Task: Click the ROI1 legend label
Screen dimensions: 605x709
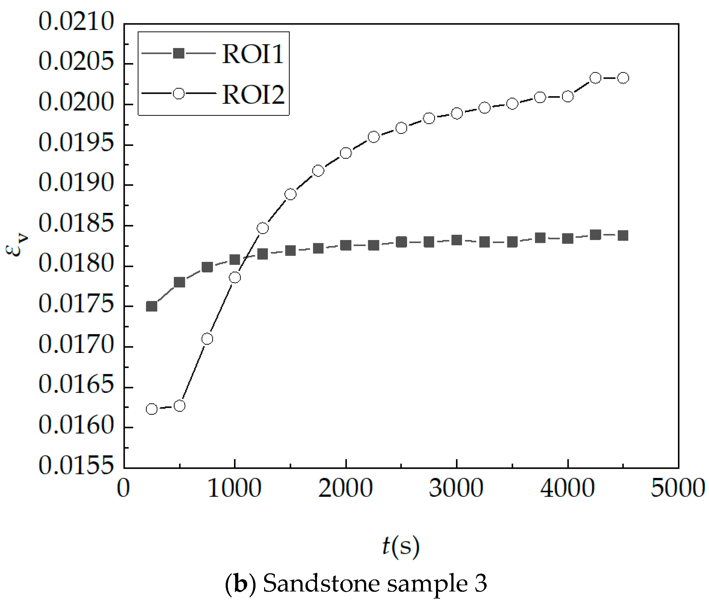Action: pos(252,54)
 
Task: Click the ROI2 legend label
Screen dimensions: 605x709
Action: pos(253,94)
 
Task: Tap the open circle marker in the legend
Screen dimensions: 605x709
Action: pos(179,94)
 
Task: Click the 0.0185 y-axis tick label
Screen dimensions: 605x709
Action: pos(76,223)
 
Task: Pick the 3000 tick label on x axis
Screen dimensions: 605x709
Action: pos(456,488)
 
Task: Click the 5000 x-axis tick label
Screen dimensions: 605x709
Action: pos(678,488)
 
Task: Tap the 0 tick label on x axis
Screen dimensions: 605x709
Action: pos(123,488)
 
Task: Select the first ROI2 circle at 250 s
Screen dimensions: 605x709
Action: pos(152,409)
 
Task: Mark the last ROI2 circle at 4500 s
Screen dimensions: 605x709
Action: pos(624,78)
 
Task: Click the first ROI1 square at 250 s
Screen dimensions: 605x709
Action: pos(152,306)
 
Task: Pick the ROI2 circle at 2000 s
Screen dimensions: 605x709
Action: pos(346,153)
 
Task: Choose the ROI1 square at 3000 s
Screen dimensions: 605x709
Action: pos(457,240)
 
